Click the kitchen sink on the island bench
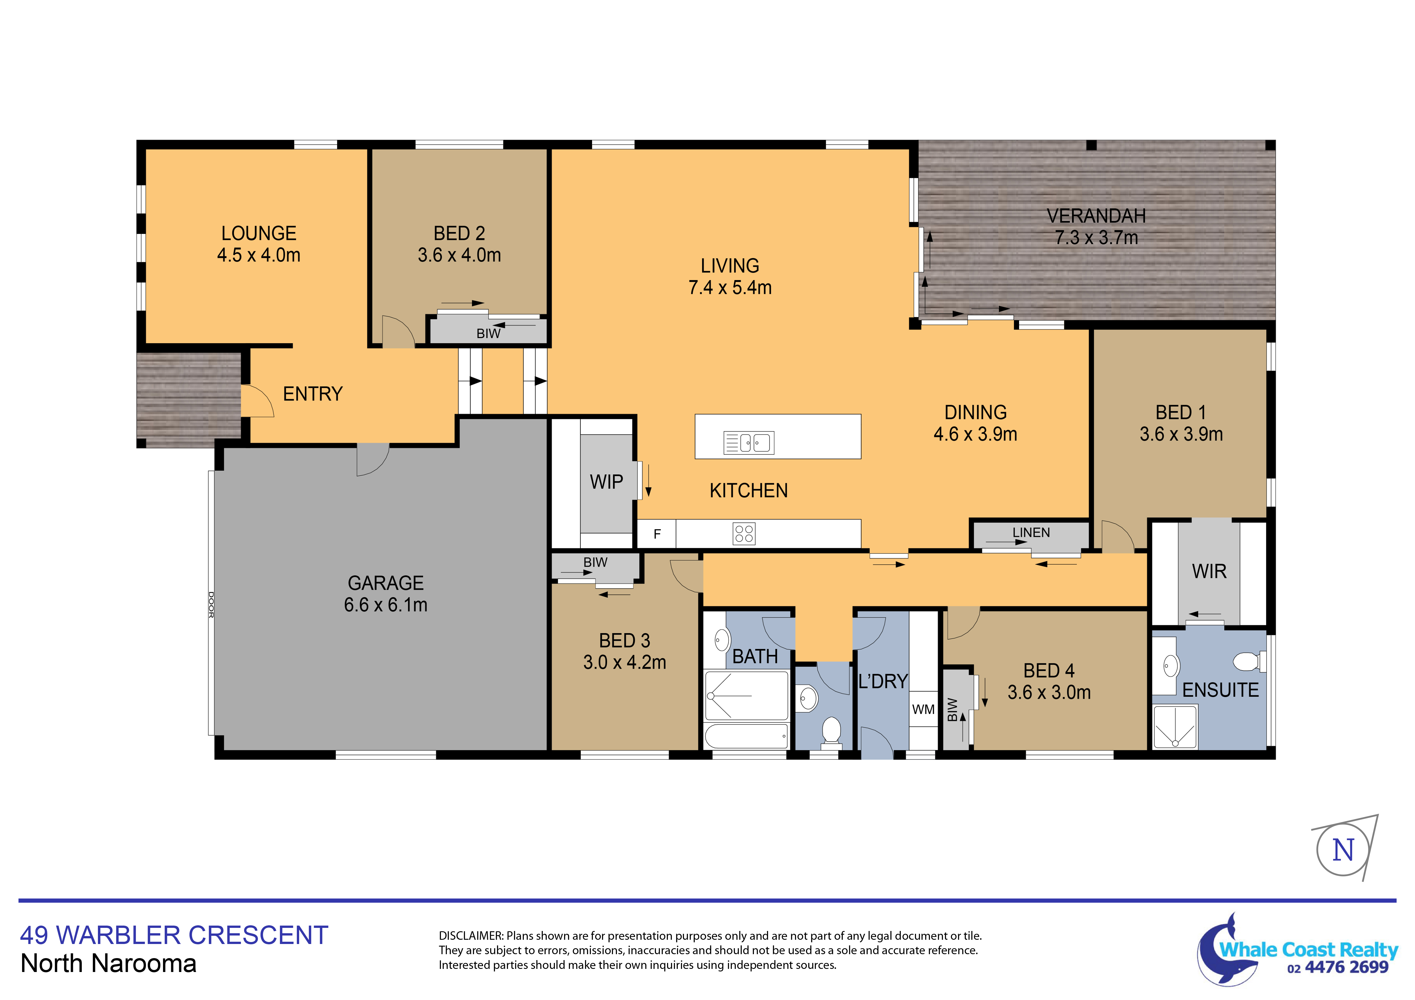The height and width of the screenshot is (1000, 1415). click(749, 442)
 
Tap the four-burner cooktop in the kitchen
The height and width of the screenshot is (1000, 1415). click(744, 534)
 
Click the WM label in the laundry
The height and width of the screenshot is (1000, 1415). click(923, 709)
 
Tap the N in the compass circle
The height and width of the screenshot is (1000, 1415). click(1343, 850)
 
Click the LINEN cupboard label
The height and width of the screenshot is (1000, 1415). click(1031, 532)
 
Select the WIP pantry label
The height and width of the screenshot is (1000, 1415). click(606, 482)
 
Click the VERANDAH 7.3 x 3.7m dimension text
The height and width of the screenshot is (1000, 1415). click(1096, 237)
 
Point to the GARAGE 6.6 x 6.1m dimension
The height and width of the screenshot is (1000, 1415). click(386, 605)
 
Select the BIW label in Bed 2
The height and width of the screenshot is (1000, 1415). click(488, 333)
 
